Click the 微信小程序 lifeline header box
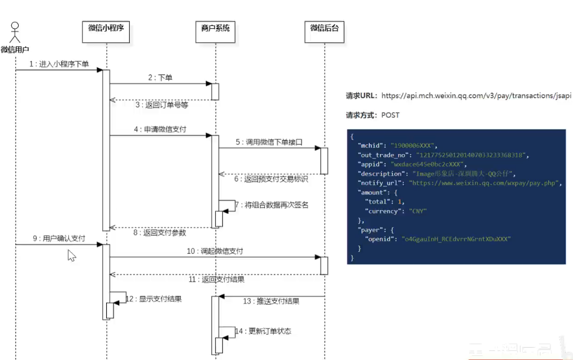(x=106, y=28)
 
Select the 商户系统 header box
(x=215, y=28)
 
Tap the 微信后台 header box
(x=325, y=28)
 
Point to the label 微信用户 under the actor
(x=15, y=50)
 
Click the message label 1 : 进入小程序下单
(x=59, y=64)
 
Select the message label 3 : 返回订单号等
(x=161, y=105)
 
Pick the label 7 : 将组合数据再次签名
(x=272, y=205)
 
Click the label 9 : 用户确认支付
(x=59, y=239)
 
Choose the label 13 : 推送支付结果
(x=271, y=301)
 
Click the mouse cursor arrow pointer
(x=71, y=256)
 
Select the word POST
(x=390, y=115)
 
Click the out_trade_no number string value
(x=470, y=155)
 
